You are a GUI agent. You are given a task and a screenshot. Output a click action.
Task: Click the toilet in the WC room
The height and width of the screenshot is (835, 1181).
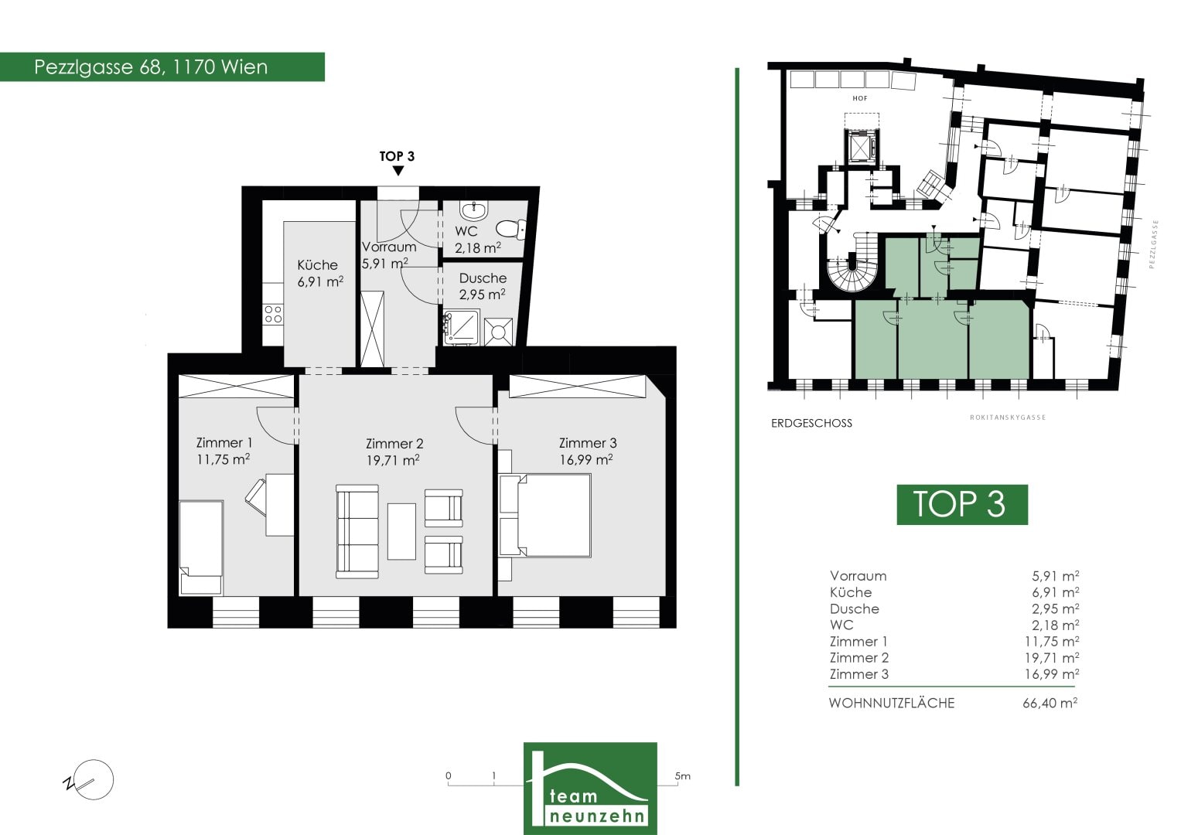(x=511, y=230)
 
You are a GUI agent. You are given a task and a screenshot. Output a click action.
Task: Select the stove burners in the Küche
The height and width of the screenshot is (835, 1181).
(x=273, y=314)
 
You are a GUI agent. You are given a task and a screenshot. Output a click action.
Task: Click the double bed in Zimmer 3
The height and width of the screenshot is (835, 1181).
(x=545, y=515)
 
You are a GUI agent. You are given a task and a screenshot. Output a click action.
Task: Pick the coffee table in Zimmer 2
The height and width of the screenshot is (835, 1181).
(x=401, y=531)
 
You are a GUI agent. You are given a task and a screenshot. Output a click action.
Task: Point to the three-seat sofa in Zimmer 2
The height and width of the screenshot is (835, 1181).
(x=357, y=531)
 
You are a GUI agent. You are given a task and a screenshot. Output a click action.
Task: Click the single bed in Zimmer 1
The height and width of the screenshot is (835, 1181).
(x=201, y=547)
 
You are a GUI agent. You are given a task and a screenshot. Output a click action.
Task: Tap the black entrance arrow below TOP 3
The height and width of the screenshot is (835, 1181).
(x=398, y=171)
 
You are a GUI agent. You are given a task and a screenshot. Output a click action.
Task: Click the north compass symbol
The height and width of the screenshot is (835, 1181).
(x=89, y=780)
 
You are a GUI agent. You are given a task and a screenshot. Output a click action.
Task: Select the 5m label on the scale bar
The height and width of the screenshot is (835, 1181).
(x=682, y=776)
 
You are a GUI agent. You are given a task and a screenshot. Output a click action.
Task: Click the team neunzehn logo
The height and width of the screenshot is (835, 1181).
(x=591, y=788)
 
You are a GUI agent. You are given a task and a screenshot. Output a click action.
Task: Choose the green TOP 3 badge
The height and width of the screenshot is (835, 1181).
(x=962, y=504)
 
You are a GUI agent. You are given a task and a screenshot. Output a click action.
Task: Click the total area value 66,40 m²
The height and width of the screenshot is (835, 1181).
(x=1050, y=704)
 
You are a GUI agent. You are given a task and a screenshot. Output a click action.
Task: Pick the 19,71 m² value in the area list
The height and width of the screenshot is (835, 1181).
(x=1051, y=658)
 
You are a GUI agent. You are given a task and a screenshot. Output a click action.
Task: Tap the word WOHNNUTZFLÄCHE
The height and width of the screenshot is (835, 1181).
(x=892, y=704)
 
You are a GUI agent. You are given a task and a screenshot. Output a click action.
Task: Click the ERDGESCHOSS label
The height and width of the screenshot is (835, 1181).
(x=811, y=424)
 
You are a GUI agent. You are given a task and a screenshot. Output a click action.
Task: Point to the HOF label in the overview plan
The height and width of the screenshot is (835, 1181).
(x=860, y=99)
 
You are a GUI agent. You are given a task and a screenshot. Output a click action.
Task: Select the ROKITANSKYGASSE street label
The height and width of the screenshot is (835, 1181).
(x=1008, y=417)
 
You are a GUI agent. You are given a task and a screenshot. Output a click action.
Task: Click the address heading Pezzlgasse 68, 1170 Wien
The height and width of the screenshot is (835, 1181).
(x=151, y=67)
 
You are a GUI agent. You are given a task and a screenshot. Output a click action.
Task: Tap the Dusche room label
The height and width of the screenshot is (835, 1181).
(x=483, y=278)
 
